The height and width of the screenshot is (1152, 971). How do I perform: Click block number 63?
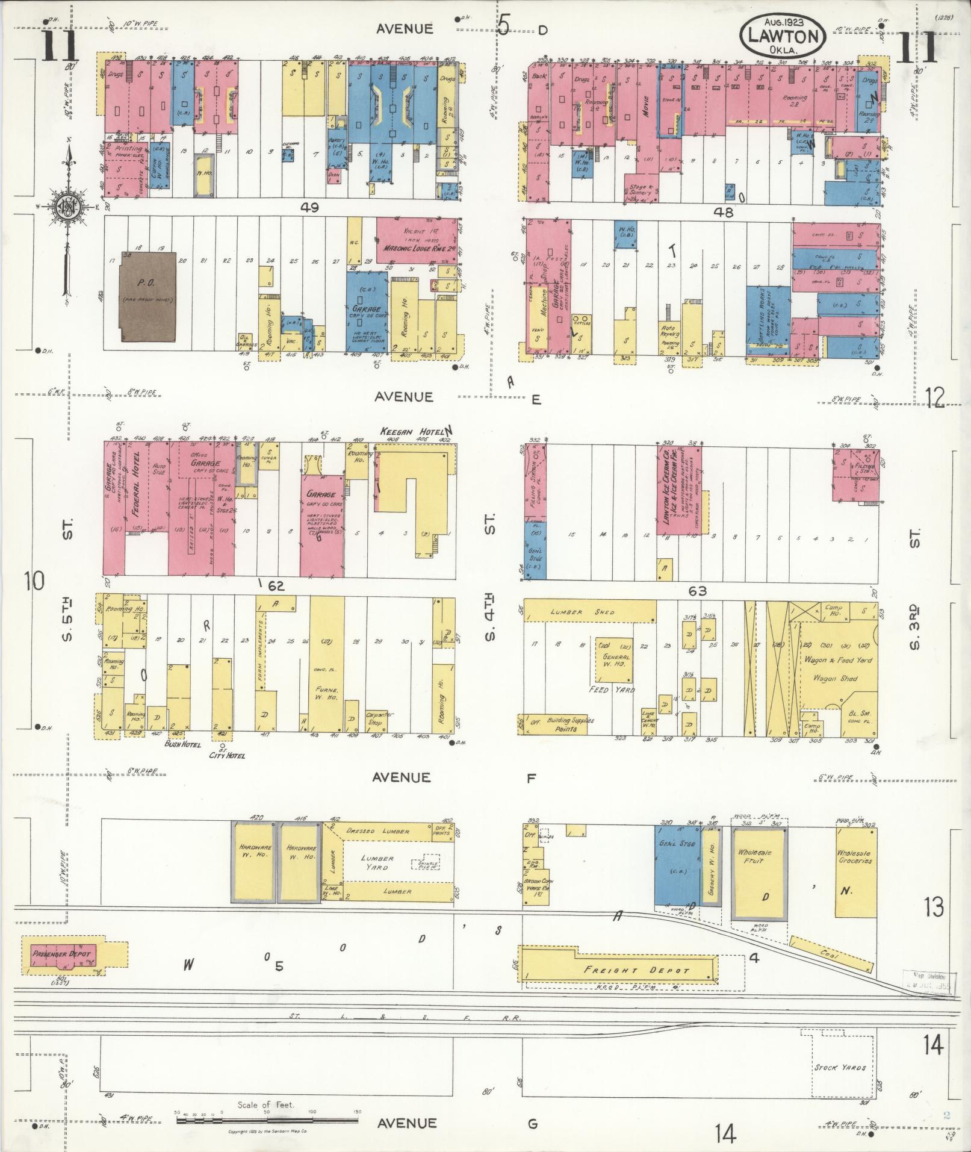[698, 591]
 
